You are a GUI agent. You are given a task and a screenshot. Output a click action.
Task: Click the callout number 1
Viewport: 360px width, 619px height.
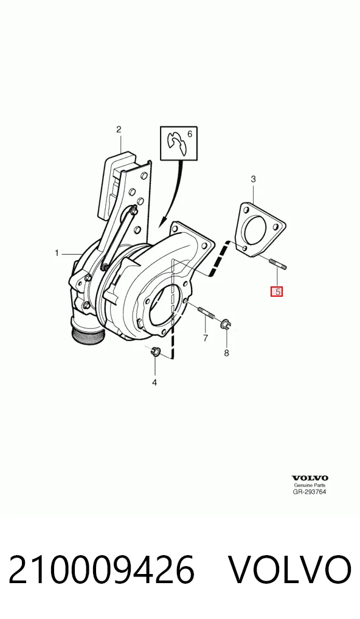click(x=57, y=253)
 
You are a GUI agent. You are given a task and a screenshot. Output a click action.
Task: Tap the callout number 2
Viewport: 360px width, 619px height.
click(x=119, y=129)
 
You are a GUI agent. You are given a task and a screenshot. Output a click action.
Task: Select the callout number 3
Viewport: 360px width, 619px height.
click(x=254, y=179)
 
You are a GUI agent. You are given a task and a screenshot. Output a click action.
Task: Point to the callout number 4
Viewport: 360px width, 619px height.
click(x=154, y=382)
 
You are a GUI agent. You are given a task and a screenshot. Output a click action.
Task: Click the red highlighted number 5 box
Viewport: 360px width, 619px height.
click(x=276, y=292)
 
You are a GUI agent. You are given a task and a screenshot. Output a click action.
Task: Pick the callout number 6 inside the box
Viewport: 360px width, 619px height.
click(x=190, y=134)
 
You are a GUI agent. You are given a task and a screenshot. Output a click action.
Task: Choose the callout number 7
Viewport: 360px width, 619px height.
click(x=206, y=338)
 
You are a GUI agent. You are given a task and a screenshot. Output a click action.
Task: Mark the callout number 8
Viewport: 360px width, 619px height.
click(x=226, y=353)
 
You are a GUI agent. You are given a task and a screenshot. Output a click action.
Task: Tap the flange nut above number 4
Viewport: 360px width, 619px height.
click(x=155, y=351)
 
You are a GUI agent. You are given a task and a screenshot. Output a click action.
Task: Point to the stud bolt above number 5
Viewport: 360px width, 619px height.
click(x=277, y=264)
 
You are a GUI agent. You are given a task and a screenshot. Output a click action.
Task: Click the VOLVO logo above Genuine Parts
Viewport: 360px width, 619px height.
click(x=310, y=479)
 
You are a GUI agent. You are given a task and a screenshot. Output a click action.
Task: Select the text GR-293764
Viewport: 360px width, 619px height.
click(x=310, y=492)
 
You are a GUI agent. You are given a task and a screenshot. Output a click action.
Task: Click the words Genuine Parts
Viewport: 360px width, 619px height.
click(x=310, y=485)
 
